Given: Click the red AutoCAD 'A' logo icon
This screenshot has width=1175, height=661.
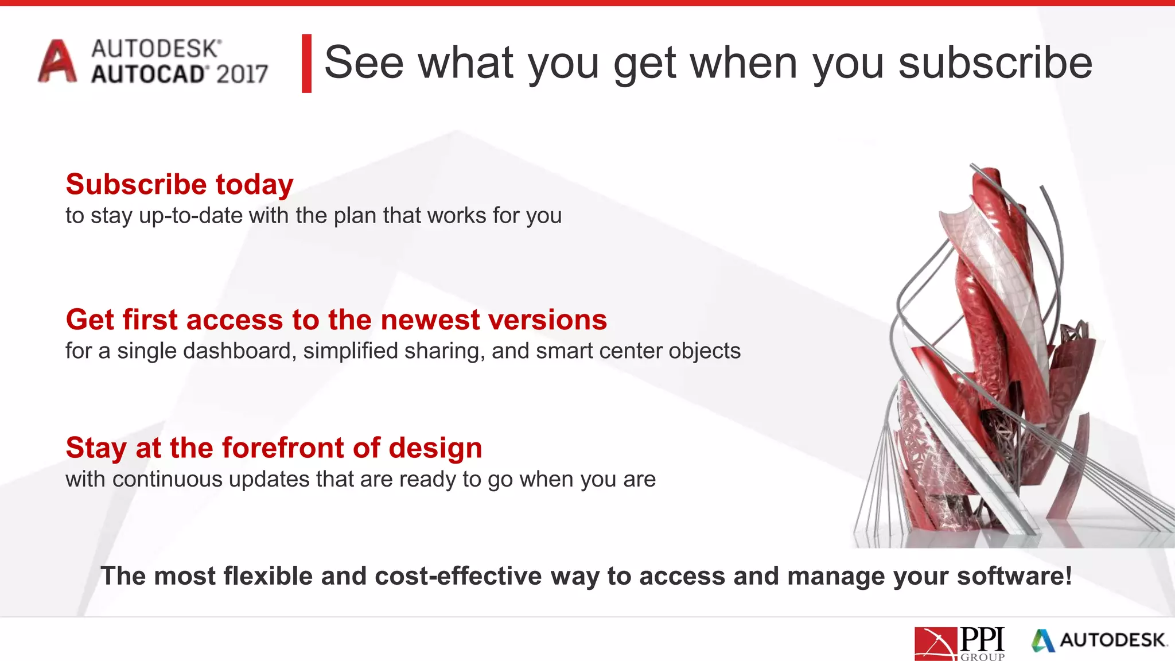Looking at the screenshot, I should point(57,61).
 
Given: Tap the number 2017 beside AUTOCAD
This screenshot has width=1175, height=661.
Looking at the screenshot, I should point(242,75).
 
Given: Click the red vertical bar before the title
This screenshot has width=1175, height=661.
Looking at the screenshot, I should point(306,63).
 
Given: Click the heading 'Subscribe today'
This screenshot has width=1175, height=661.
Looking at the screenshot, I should point(180,185).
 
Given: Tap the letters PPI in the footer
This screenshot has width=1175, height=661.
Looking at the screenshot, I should point(982,639).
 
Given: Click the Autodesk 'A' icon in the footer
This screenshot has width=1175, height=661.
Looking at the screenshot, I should point(1043,641).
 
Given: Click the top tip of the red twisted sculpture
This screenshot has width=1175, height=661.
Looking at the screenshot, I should point(988,171).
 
